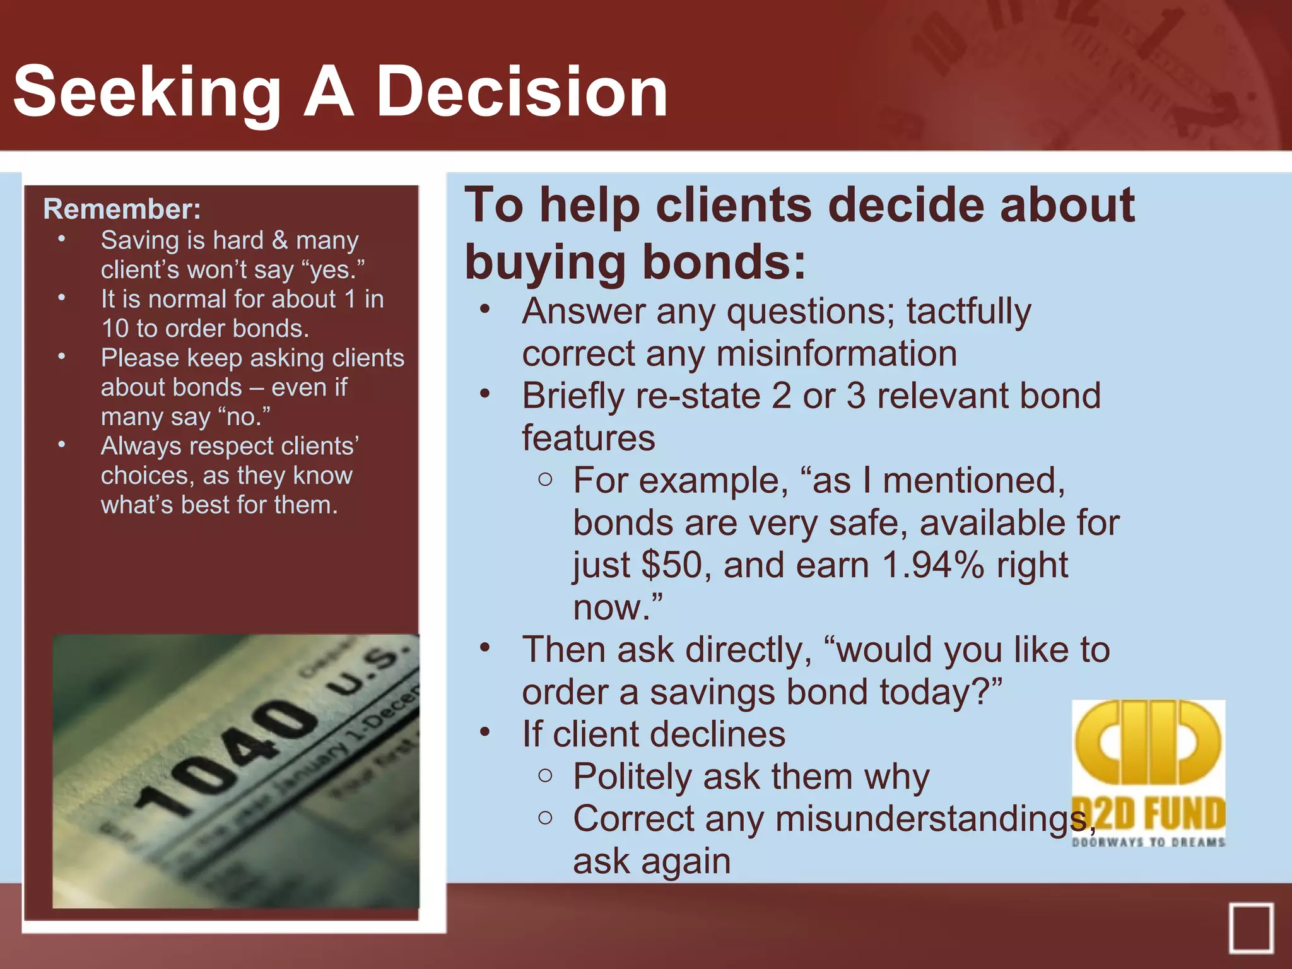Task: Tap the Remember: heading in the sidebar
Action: [x=122, y=209]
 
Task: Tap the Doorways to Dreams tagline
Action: [x=1148, y=842]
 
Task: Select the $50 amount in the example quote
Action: [x=671, y=565]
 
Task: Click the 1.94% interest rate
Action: [x=932, y=565]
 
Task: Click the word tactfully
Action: [x=969, y=312]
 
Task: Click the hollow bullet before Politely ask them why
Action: [x=546, y=775]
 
